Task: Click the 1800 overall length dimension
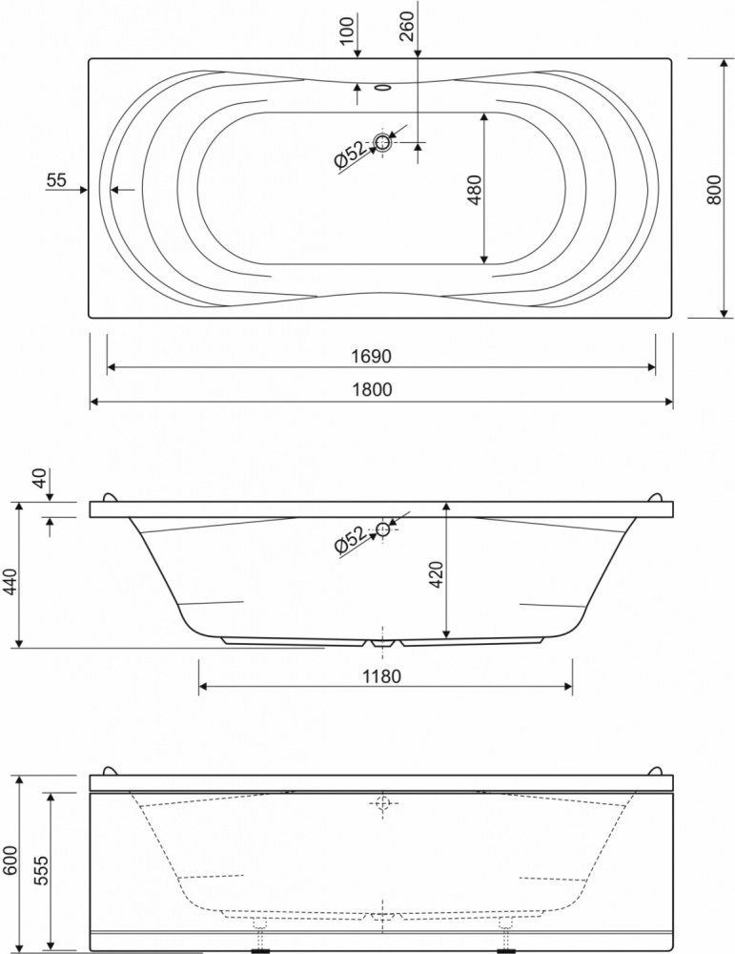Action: [372, 389]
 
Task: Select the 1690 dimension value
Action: [371, 356]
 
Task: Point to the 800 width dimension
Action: [714, 189]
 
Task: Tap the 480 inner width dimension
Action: [475, 189]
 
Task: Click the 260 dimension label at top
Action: [408, 26]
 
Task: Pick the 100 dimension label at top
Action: [346, 30]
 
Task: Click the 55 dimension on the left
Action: [56, 180]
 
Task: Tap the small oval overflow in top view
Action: [382, 88]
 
